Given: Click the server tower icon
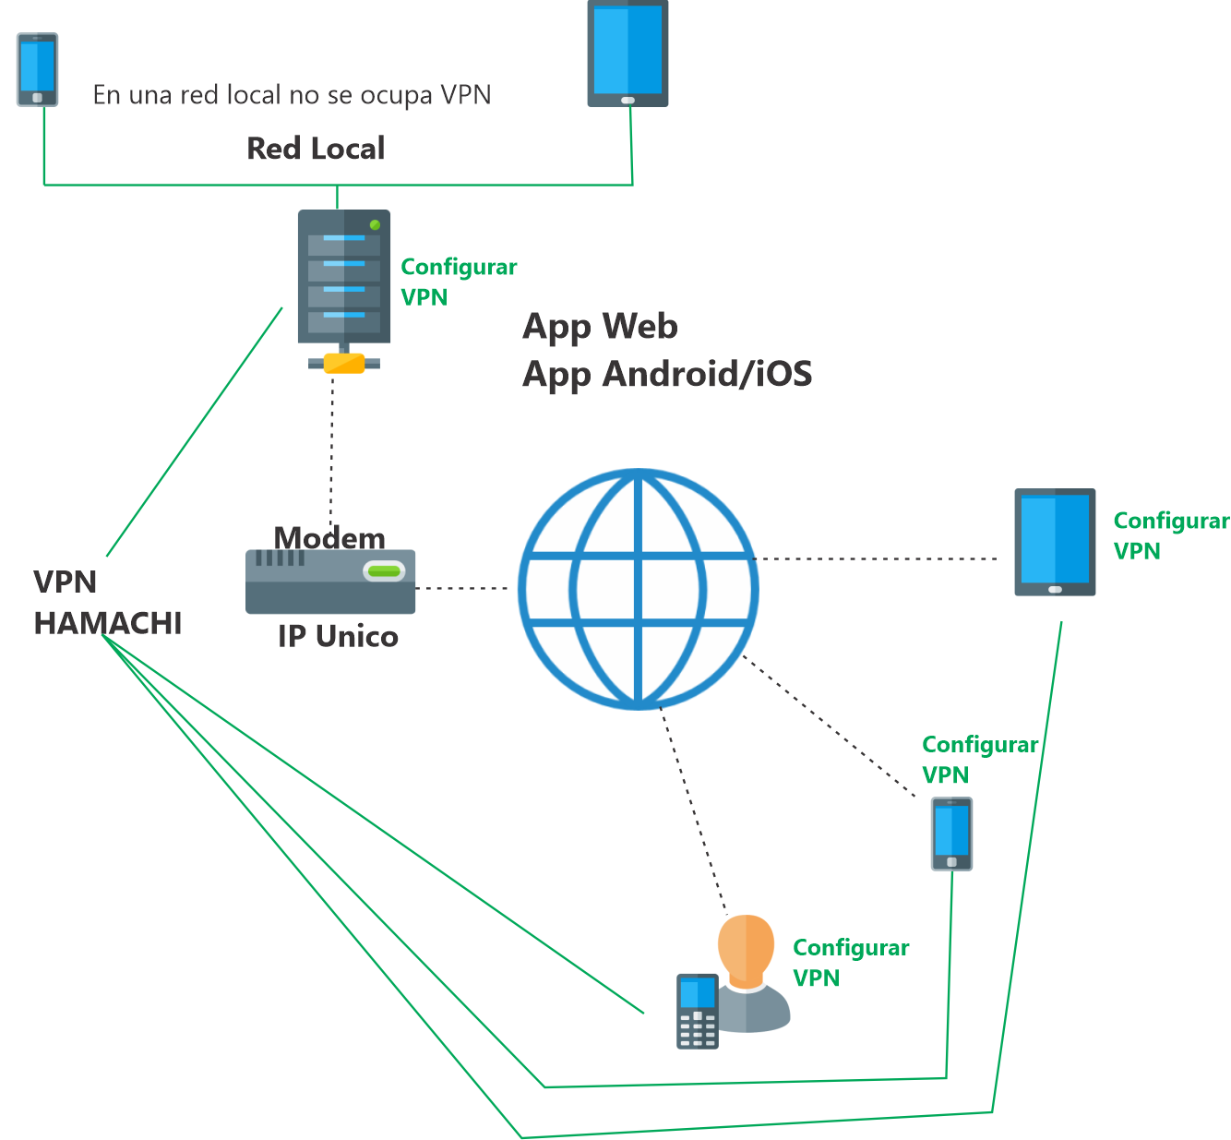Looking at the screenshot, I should pos(343,277).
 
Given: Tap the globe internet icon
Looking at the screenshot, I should pos(638,589).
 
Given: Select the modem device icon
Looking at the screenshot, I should pos(329,582).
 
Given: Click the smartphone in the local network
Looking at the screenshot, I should pos(38,70).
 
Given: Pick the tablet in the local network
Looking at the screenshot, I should pos(627,54).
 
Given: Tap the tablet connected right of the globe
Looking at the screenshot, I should pos(1055,542).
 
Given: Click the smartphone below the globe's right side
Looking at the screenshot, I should pos(951,834).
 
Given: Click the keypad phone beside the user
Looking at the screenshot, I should pos(697,1011).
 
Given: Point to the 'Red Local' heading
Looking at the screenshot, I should pos(316,149).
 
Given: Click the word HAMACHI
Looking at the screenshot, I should pos(108,624).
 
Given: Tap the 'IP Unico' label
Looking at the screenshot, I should pos(338,637).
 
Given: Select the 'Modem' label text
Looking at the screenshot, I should pos(329,537).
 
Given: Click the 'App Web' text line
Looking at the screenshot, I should pos(600,326).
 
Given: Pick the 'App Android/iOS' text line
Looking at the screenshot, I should pos(667,374).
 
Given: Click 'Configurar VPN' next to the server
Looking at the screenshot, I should pos(458,282).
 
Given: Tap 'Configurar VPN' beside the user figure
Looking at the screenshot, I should pos(850,963).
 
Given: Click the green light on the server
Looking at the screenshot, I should pos(375,224).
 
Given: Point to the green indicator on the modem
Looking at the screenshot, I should pos(384,571).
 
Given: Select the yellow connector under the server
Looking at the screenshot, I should pos(344,363).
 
